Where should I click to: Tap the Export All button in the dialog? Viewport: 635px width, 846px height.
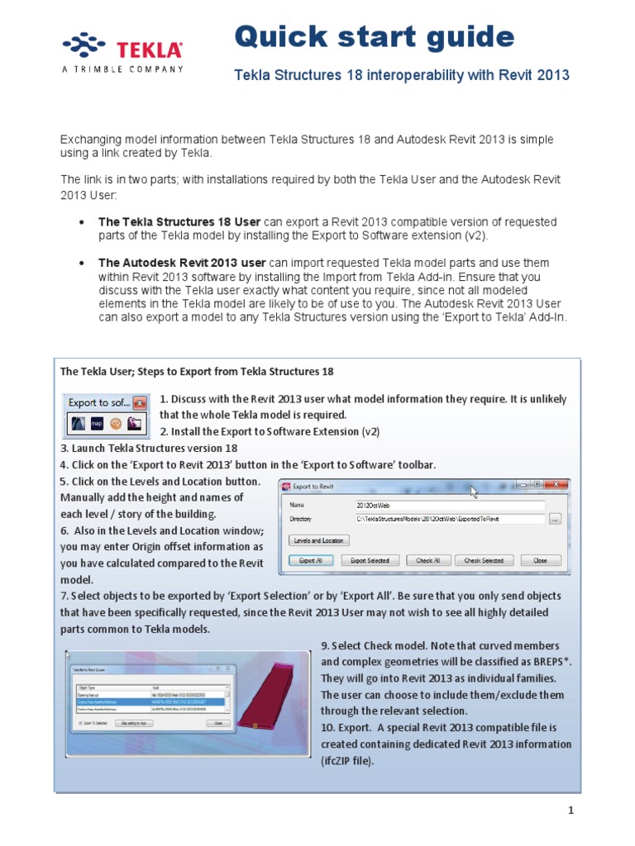[x=311, y=560]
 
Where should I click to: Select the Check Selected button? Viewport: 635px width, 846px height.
[x=484, y=560]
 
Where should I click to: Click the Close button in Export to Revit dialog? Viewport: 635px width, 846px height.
[x=540, y=560]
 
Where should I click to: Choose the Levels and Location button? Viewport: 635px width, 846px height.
[x=319, y=540]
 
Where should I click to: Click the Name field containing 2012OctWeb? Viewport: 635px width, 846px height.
[x=449, y=505]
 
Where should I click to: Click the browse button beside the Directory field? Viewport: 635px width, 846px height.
[x=555, y=519]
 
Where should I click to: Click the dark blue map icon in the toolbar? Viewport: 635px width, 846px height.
[x=97, y=424]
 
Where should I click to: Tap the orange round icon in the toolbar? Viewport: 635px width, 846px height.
[x=117, y=424]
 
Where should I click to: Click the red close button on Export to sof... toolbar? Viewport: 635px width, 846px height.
[x=140, y=404]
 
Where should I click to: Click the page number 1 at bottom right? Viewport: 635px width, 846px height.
[x=571, y=810]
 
